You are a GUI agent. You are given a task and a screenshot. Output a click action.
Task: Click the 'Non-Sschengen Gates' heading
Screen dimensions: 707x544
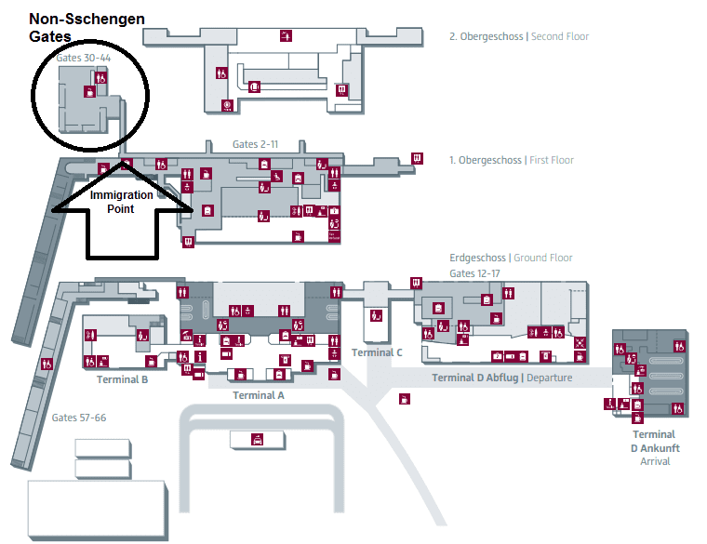tap(87, 28)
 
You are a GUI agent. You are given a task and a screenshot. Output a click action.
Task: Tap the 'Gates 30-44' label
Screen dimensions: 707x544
tap(84, 58)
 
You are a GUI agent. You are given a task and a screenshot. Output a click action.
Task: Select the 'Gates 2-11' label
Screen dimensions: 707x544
tap(255, 144)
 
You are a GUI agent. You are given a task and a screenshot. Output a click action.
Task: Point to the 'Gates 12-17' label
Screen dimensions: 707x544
tap(474, 273)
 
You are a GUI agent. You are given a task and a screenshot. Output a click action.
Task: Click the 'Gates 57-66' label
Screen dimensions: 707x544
tap(79, 418)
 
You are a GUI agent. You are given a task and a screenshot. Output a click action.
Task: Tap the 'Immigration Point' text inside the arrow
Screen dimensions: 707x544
tap(121, 202)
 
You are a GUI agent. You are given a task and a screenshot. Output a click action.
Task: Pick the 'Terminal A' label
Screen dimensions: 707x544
tap(259, 395)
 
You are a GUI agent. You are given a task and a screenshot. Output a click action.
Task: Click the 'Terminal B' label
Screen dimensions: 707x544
tap(122, 379)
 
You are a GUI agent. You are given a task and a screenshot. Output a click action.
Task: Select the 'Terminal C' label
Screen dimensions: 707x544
tap(377, 352)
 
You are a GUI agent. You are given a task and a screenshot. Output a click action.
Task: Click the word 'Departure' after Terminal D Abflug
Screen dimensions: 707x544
tap(549, 378)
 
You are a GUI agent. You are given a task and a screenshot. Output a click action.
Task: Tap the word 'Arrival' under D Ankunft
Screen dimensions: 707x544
tap(655, 461)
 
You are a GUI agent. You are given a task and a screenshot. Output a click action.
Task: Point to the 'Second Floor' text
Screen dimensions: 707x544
tap(560, 36)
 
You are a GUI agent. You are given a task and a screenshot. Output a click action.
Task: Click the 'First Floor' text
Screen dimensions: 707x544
tap(552, 160)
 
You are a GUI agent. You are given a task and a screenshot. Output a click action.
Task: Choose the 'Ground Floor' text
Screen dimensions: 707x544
tap(543, 258)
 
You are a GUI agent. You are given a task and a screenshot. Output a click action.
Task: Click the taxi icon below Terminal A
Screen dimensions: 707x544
tap(258, 439)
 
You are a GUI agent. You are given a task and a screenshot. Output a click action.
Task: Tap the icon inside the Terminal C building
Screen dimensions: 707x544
tap(376, 315)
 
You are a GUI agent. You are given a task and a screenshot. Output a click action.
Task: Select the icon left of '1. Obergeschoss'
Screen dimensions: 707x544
tap(417, 158)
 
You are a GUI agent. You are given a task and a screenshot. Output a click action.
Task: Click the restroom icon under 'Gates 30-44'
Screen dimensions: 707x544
tap(101, 77)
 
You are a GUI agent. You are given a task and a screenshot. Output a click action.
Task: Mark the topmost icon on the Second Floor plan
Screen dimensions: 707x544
tap(286, 35)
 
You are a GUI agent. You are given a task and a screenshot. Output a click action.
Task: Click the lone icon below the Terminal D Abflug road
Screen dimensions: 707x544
tap(405, 399)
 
